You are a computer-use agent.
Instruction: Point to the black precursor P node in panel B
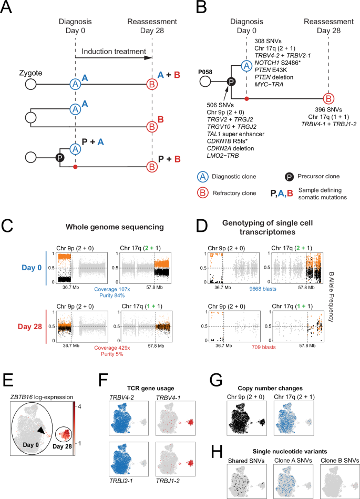pos(230,83)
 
